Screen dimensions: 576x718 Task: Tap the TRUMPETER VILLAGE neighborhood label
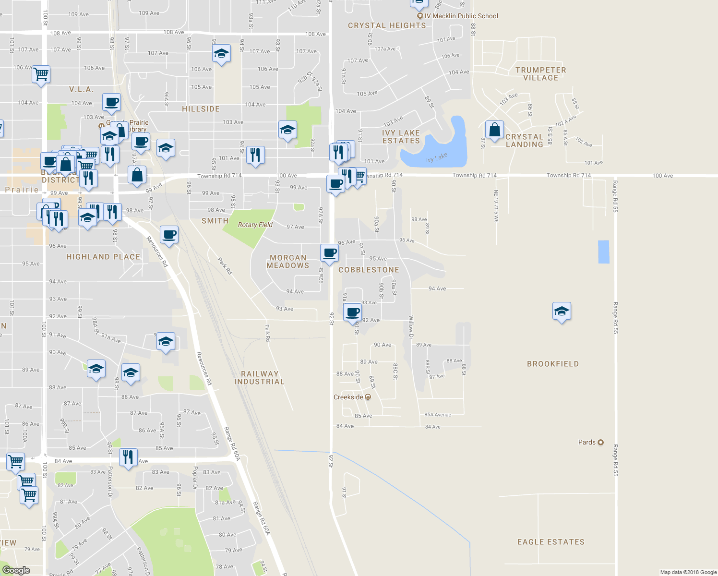pyautogui.click(x=540, y=74)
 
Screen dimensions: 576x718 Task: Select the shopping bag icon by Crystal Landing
pyautogui.click(x=494, y=130)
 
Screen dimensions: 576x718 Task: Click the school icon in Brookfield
pyautogui.click(x=561, y=312)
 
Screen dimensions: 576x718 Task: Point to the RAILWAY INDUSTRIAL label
pyautogui.click(x=259, y=378)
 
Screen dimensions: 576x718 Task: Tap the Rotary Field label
pyautogui.click(x=255, y=225)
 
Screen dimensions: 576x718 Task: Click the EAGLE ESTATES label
pyautogui.click(x=550, y=542)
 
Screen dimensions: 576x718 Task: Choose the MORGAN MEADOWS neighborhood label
pyautogui.click(x=288, y=262)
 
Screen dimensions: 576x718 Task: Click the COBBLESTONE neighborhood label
pyautogui.click(x=369, y=270)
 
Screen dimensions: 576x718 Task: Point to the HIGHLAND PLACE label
pyautogui.click(x=103, y=257)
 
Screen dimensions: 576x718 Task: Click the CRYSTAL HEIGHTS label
pyautogui.click(x=387, y=25)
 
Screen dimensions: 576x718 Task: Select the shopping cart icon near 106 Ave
pyautogui.click(x=41, y=74)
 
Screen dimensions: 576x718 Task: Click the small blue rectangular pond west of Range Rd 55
pyautogui.click(x=603, y=252)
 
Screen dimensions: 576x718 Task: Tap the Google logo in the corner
pyautogui.click(x=16, y=570)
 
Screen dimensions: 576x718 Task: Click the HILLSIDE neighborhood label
pyautogui.click(x=201, y=109)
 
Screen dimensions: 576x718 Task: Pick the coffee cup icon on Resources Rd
pyautogui.click(x=169, y=235)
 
